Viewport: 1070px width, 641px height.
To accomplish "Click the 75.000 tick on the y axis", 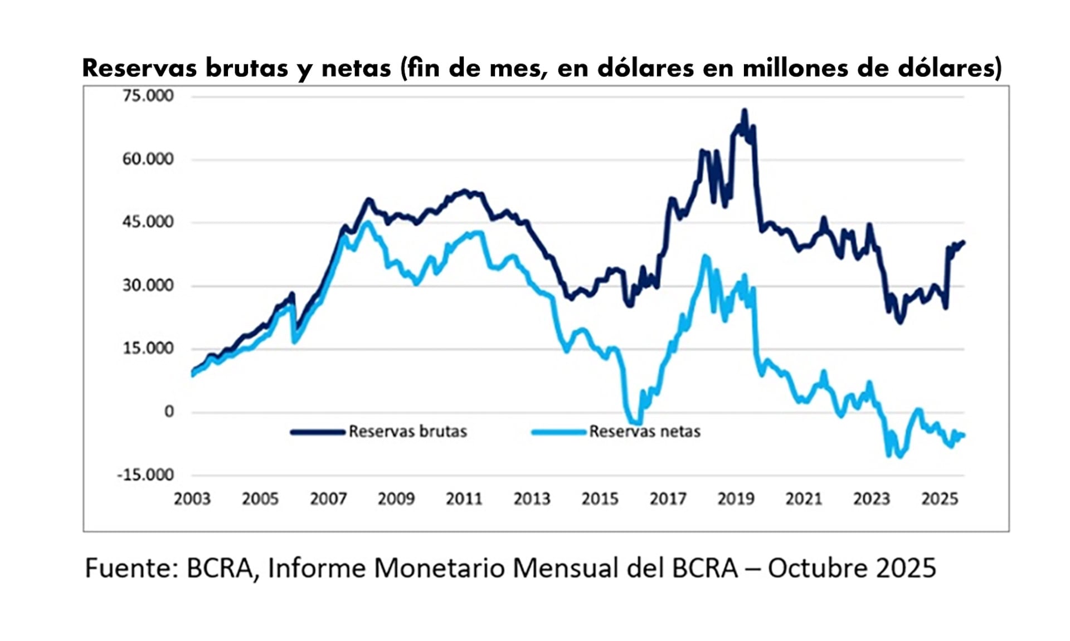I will pos(148,96).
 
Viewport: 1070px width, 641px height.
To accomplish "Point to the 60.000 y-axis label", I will pos(148,159).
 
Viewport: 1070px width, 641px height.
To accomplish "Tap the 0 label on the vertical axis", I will pos(169,412).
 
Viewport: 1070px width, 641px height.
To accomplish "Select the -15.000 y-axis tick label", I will pos(145,475).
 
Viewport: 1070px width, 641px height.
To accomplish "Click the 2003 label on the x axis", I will pos(192,499).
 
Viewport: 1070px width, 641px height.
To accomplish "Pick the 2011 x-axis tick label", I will pos(464,499).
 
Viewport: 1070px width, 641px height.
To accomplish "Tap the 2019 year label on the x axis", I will pos(736,499).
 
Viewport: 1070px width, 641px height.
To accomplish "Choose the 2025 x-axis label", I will pos(940,499).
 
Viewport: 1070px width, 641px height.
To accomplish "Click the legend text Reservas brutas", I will pos(407,432).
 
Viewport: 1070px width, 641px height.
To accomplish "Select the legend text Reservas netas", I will pos(645,432).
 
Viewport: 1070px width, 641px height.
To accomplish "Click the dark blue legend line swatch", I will pos(318,432).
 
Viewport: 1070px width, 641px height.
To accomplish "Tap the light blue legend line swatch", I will pos(559,432).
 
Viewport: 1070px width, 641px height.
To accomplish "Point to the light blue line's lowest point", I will pos(898,456).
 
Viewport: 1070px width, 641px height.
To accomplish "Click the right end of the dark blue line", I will pos(964,242).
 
